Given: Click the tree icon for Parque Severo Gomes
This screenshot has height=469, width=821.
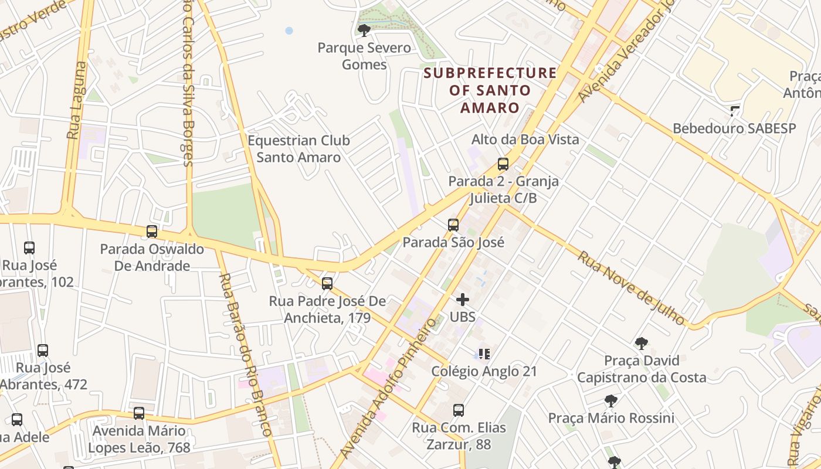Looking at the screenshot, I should point(364,30).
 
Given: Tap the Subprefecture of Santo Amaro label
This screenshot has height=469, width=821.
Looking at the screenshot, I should point(490,90).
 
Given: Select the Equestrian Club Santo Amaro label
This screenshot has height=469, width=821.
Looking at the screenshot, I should point(298,149).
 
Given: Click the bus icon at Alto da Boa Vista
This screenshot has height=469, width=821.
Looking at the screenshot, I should point(503,164).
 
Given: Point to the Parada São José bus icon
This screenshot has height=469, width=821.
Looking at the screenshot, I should point(453,225).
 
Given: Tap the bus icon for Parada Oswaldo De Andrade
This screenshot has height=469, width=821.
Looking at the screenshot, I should point(152,232).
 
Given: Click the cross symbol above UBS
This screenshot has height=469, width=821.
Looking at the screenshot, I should point(463,300).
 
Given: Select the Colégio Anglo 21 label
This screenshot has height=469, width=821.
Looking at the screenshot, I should point(484,371).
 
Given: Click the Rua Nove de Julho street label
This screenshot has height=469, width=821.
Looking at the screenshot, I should point(632,288).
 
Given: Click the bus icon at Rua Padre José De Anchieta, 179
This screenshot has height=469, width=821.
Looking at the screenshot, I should point(327,284).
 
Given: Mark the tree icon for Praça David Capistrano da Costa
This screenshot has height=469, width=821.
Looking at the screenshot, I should point(641,343).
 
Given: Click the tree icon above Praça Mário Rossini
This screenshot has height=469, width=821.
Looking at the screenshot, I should point(610,401).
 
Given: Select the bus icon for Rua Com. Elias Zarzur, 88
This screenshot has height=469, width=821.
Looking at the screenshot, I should point(459,410).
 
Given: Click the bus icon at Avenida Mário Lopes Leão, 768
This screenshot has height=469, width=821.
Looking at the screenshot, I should point(139,413).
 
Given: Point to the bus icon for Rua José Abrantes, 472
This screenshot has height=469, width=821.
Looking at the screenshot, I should point(43,351).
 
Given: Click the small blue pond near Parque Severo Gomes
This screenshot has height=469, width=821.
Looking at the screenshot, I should point(289,30).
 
